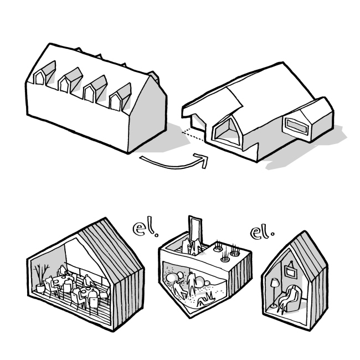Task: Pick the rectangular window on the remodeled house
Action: coord(297,126)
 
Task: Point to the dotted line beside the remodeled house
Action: coord(193,136)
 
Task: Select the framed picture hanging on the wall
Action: coord(290,271)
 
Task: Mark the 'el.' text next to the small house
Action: coord(262,233)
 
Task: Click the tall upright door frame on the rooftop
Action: coord(195,230)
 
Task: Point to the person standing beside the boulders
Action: coord(191,283)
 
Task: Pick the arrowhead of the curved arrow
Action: coord(202,160)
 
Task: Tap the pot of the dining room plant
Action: coord(41,289)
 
